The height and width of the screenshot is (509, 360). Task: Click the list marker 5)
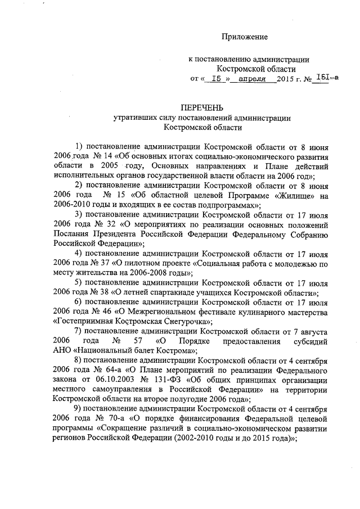[x=79, y=283]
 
